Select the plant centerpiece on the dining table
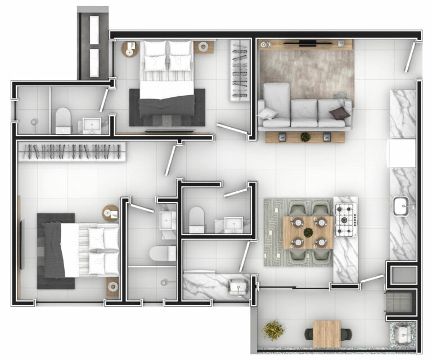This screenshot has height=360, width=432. [308, 232]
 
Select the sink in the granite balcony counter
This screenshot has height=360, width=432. [403, 336]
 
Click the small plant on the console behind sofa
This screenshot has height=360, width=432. [305, 136]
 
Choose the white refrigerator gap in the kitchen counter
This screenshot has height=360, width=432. [402, 152]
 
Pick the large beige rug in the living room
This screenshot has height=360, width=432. [307, 70]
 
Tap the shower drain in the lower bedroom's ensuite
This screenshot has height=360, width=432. [165, 282]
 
